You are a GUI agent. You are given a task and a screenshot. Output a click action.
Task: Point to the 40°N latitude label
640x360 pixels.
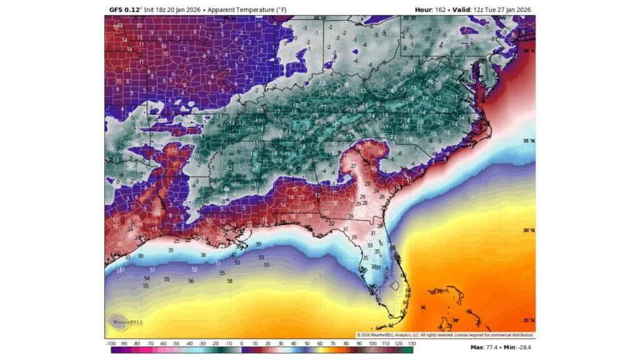[x=528, y=51]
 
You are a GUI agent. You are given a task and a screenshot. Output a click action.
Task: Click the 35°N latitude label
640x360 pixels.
[x=528, y=141]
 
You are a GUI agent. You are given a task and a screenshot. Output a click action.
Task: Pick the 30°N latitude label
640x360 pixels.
[x=528, y=231]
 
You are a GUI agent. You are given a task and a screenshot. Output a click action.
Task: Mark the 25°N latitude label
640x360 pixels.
[x=528, y=321]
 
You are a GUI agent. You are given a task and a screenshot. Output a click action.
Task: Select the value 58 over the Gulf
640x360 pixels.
[x=229, y=281]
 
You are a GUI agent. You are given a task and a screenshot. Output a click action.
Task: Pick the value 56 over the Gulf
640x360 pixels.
[x=191, y=281]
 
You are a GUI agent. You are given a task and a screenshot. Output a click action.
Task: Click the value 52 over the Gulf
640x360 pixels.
[x=194, y=269]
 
